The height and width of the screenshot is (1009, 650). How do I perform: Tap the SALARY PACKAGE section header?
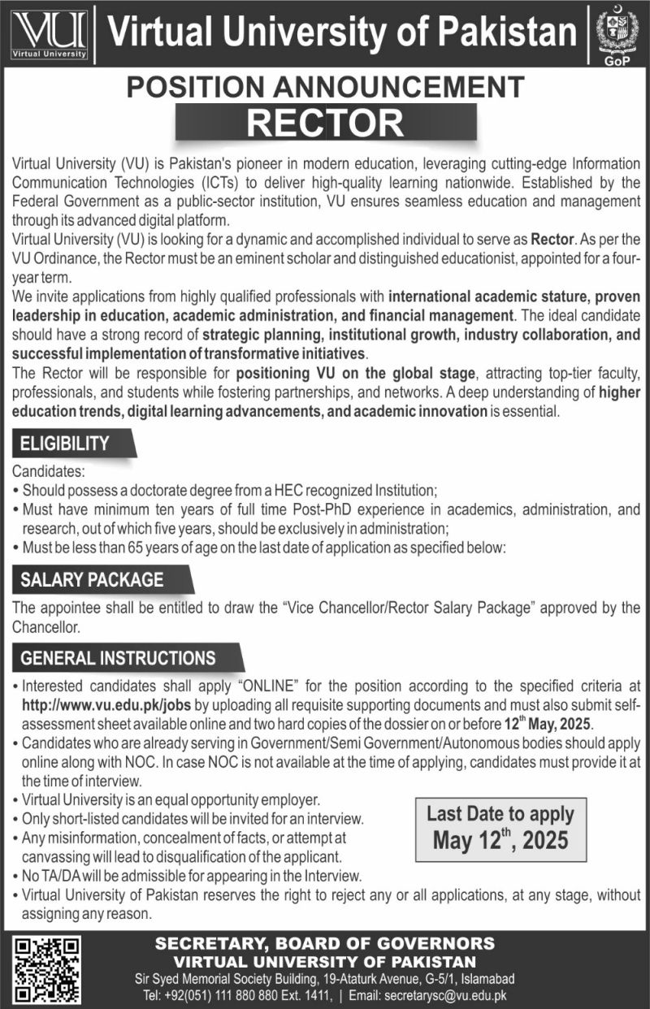coord(93,580)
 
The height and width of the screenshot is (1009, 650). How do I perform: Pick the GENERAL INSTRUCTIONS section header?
coord(119,657)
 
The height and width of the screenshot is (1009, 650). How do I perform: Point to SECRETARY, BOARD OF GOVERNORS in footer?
coord(325,943)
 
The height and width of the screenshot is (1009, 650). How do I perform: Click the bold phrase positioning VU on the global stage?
coord(355,375)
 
